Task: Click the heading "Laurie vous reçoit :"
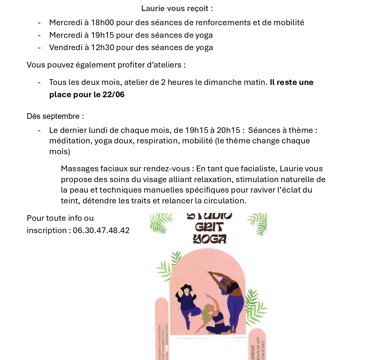[x=177, y=8]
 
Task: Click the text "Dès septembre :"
[x=55, y=116]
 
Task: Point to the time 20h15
[x=228, y=130]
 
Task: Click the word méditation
[x=70, y=141]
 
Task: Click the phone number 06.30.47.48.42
[x=101, y=230]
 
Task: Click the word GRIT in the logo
[x=209, y=227]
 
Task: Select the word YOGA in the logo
[x=210, y=239]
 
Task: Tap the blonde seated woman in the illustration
[x=215, y=319]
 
